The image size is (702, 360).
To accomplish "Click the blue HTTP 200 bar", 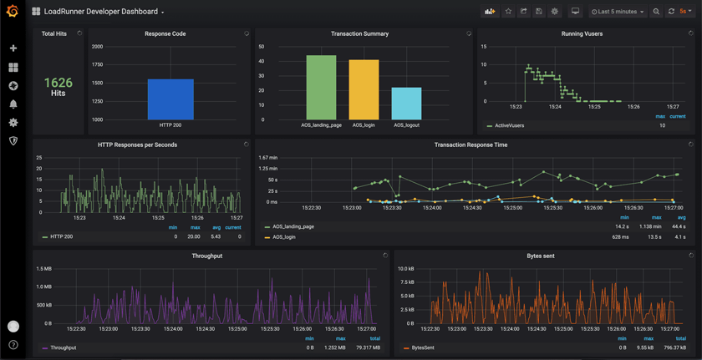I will coord(170,99).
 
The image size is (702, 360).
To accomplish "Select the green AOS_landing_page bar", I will coord(321,88).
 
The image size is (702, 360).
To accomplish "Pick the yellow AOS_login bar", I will coord(364,90).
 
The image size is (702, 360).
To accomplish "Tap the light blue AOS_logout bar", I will coord(406,104).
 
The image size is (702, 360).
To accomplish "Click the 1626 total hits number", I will coord(58,83).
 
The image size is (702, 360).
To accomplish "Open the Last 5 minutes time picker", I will coord(618,12).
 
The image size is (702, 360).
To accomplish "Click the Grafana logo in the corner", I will coord(13,12).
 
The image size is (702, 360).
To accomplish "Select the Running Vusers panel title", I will coord(582,33).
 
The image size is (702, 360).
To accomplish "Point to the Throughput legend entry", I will coord(63,347).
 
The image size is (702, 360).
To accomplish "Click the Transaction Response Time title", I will coord(471,145).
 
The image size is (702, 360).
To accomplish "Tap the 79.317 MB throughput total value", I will coord(368,347).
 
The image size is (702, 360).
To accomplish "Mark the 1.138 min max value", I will coord(650,226).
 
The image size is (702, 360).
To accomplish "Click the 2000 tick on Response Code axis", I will coord(97,47).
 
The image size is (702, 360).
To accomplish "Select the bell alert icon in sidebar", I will coord(13,104).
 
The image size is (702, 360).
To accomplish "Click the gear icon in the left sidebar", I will coord(13,123).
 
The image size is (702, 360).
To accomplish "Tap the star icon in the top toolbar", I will coord(508,12).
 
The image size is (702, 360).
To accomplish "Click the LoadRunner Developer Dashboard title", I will coord(100,12).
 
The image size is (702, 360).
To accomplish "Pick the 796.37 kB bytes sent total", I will coord(674,347).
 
